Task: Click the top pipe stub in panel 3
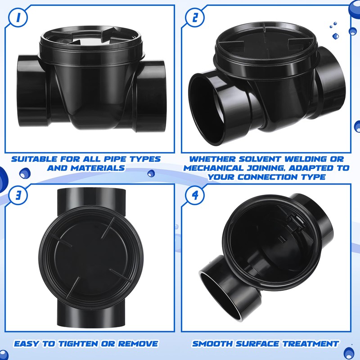click(x=90, y=198)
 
